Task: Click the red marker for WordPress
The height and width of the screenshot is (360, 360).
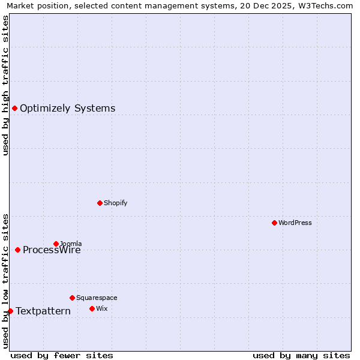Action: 274,223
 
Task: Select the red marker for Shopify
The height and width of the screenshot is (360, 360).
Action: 100,203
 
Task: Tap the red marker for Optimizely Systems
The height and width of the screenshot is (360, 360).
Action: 14,108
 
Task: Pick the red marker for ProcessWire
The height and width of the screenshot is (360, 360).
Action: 17,250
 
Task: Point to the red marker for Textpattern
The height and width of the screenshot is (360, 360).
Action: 10,311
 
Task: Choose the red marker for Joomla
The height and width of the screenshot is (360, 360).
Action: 56,244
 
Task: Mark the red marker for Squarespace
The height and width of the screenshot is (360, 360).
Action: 72,298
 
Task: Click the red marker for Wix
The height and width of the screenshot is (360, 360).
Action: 92,308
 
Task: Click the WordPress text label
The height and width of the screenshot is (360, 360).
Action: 295,223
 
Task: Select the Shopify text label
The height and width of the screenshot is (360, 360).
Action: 115,203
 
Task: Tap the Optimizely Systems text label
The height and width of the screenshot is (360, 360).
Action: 67,108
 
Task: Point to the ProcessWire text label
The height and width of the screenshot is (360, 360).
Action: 52,250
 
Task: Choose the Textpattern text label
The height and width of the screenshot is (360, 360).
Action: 43,311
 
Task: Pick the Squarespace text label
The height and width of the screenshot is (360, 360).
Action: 97,298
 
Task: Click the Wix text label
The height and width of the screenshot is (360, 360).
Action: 101,308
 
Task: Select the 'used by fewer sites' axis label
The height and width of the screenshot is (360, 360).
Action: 62,355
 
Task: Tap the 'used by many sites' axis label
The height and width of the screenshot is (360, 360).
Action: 301,355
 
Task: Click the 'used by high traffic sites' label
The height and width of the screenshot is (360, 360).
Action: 5,85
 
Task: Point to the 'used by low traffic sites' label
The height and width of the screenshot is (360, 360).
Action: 5,280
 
